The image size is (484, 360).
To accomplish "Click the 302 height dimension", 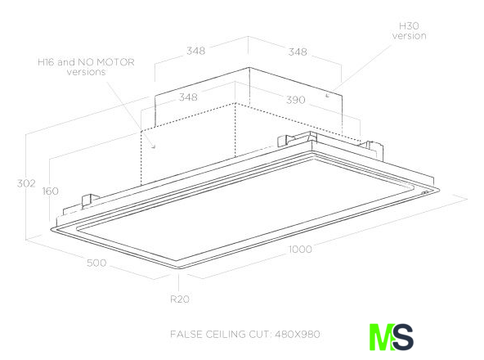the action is tap(26, 183).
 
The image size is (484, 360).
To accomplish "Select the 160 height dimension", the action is tap(51, 191).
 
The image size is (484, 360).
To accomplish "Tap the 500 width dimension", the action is tap(96, 263).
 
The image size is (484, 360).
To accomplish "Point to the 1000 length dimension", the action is tap(300, 249).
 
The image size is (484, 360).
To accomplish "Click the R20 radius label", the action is tap(180, 299).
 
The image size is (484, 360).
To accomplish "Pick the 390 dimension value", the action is tap(296, 100).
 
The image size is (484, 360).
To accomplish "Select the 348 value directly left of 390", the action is tap(188, 97).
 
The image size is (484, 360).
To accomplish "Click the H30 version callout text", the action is tap(410, 31).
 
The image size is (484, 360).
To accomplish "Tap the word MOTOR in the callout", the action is tap(115, 62).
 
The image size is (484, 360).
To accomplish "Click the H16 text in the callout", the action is tap(47, 62).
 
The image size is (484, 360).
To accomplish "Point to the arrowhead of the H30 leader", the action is tap(328, 96).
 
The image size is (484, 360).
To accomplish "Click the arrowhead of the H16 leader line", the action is tap(153, 146).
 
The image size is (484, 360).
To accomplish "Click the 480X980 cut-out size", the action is tap(298, 334).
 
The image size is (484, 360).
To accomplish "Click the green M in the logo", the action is tap(381, 337).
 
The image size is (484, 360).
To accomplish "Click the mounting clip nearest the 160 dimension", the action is tap(90, 200).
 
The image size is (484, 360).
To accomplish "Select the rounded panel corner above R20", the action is tap(179, 268).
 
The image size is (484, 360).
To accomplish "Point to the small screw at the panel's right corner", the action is tap(425, 193).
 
